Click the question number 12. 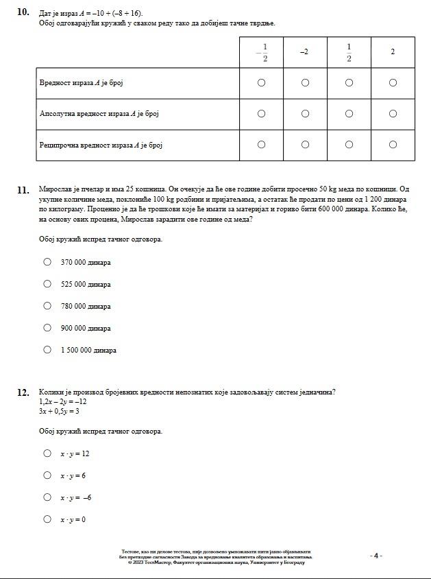click(x=23, y=392)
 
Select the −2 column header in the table click(x=304, y=52)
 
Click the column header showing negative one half click(x=261, y=52)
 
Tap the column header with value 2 click(x=393, y=52)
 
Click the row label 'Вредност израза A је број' click(x=81, y=83)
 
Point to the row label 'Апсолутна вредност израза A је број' click(x=99, y=114)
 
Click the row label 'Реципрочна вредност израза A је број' click(x=101, y=145)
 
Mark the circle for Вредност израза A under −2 click(x=305, y=83)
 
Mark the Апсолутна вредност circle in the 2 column click(x=393, y=114)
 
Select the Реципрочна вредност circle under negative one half click(x=261, y=145)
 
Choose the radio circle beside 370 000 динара click(x=47, y=261)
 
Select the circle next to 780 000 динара click(x=47, y=306)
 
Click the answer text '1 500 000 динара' click(x=88, y=351)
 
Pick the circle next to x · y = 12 click(x=47, y=453)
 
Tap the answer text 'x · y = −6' click(x=76, y=497)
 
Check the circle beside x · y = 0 click(x=47, y=519)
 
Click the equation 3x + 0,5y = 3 click(x=59, y=412)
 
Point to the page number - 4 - click(x=375, y=556)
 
